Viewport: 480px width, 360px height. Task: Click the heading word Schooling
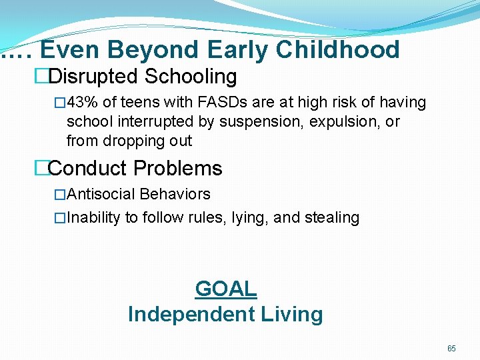(x=191, y=77)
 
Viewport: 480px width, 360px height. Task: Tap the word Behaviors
(x=175, y=195)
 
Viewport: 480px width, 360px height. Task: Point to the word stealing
(x=334, y=218)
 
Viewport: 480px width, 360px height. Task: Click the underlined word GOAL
(x=225, y=289)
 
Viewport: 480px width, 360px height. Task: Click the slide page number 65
(x=451, y=349)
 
